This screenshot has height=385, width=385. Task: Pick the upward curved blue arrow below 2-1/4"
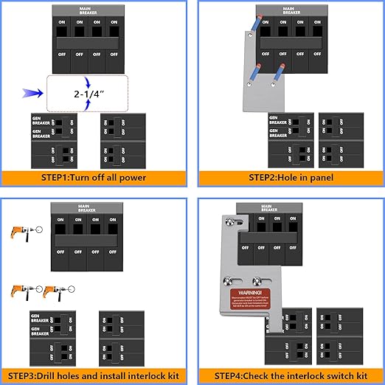88,108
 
